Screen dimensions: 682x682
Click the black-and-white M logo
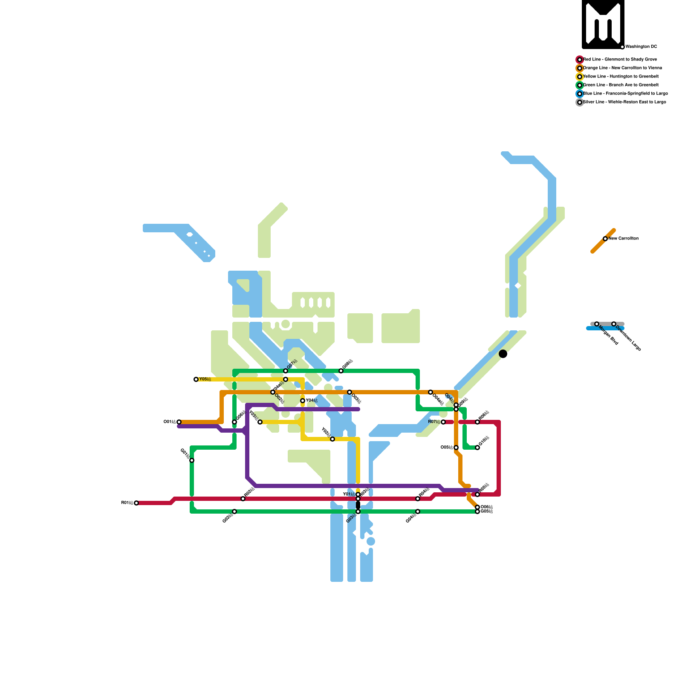(x=603, y=24)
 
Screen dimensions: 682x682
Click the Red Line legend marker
(x=580, y=60)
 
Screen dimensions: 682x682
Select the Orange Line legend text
(x=622, y=68)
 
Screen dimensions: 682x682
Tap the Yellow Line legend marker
(x=580, y=77)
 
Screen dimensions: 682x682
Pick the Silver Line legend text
(x=624, y=102)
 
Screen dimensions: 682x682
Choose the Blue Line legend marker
(x=580, y=94)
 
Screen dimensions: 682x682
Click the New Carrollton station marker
(x=605, y=239)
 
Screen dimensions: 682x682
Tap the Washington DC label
(x=641, y=47)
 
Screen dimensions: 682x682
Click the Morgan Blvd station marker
(x=597, y=324)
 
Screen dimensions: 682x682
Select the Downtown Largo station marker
(x=614, y=324)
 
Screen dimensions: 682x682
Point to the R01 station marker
(x=136, y=503)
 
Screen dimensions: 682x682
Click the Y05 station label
(x=205, y=379)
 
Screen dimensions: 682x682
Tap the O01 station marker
(x=179, y=422)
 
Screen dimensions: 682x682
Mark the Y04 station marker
(x=303, y=401)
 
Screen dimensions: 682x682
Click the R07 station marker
(x=443, y=422)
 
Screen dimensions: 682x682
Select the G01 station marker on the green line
(x=192, y=460)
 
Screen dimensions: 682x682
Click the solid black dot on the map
(x=503, y=354)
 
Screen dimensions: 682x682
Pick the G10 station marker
(x=477, y=448)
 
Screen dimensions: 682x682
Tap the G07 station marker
(x=286, y=371)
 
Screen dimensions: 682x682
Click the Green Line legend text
(x=621, y=85)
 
